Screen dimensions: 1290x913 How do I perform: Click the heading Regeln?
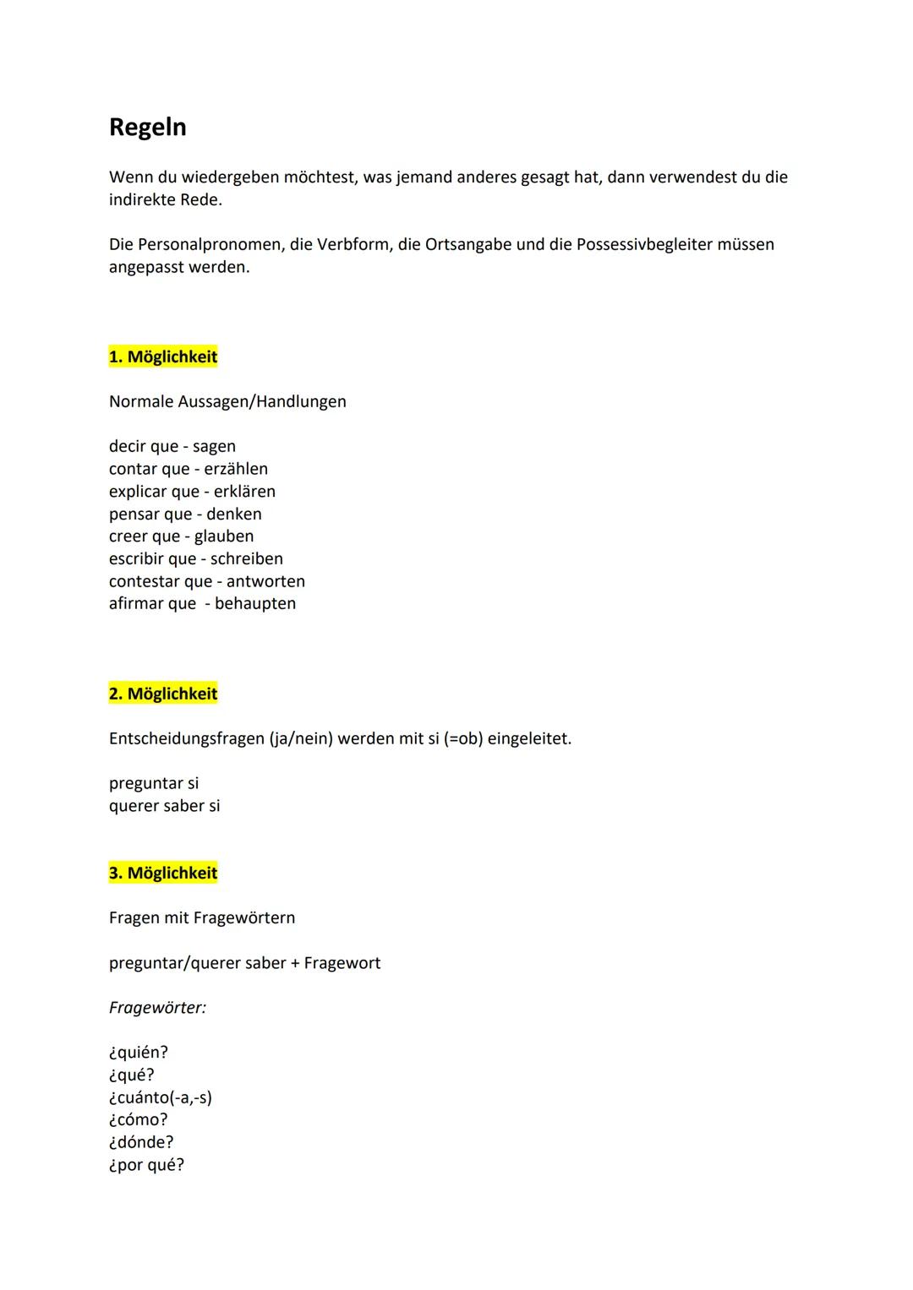(148, 128)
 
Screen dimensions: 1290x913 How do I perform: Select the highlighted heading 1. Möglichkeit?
(163, 357)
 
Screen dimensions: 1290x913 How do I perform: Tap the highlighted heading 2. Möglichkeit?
(163, 694)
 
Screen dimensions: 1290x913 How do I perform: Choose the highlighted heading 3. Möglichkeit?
(163, 873)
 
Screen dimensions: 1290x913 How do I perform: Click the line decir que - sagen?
(172, 446)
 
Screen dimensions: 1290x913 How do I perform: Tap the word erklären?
(244, 492)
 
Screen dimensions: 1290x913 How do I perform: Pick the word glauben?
(224, 536)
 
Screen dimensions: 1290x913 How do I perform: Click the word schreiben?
(247, 559)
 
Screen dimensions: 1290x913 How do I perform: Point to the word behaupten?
(255, 604)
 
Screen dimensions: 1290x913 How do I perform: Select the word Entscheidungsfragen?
(187, 739)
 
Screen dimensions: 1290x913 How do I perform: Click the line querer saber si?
(164, 806)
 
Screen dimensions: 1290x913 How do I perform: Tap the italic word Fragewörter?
(157, 1008)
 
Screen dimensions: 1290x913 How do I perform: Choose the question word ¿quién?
(139, 1053)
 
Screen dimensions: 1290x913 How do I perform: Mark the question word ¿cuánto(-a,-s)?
(161, 1097)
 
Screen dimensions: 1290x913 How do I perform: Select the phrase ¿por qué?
(146, 1165)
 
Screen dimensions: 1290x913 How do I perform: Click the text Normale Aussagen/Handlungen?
(227, 401)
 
